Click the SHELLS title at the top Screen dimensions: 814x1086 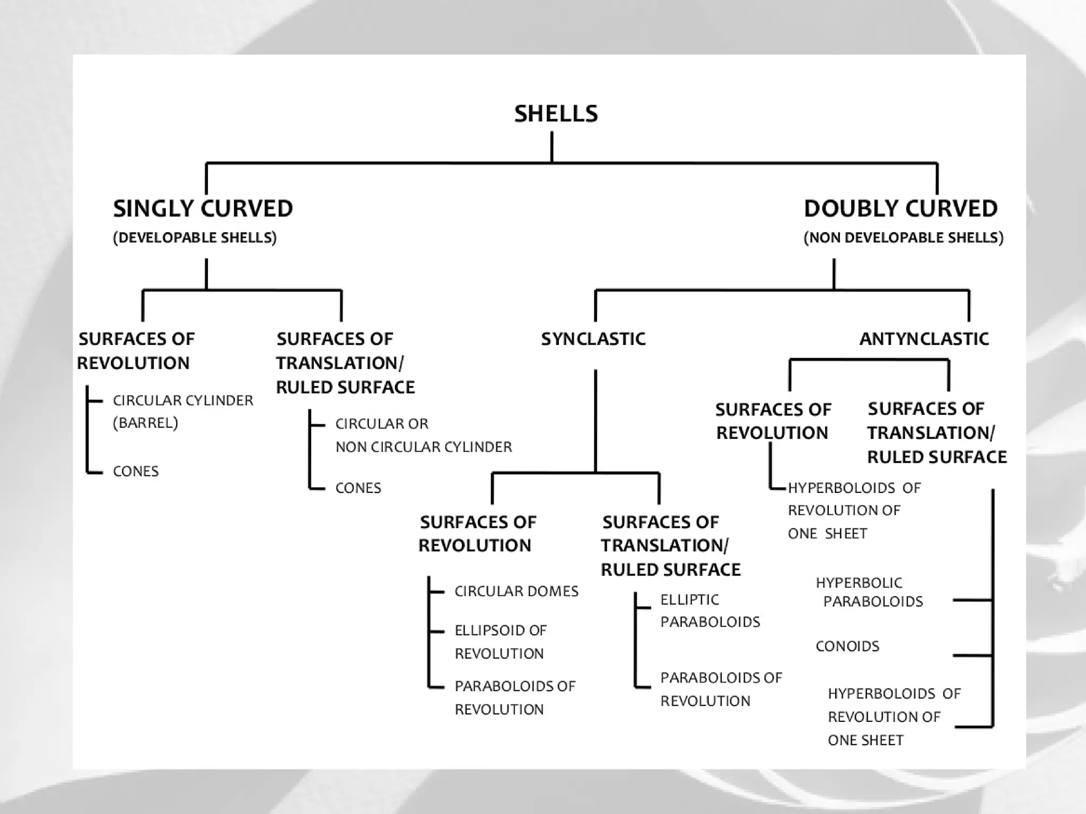pyautogui.click(x=556, y=114)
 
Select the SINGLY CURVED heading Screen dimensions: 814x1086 pyautogui.click(x=203, y=209)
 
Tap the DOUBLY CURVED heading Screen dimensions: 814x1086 pyautogui.click(x=900, y=209)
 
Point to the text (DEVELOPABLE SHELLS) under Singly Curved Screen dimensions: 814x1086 pyautogui.click(x=195, y=237)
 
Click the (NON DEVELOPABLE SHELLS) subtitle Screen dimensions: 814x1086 pyautogui.click(x=904, y=237)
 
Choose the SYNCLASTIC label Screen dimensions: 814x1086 pyautogui.click(x=593, y=339)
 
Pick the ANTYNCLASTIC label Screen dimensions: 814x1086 pyautogui.click(x=924, y=339)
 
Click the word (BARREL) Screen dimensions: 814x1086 pyautogui.click(x=145, y=423)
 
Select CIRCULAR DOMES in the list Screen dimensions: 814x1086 pyautogui.click(x=516, y=591)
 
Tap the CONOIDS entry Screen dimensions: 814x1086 pyautogui.click(x=847, y=647)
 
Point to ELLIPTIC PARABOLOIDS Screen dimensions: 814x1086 pyautogui.click(x=710, y=610)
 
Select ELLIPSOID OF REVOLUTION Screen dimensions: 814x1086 pyautogui.click(x=500, y=642)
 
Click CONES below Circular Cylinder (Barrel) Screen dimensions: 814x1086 pyautogui.click(x=136, y=472)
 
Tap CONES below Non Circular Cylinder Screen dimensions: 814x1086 pyautogui.click(x=358, y=488)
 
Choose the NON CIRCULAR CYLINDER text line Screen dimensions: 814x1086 pyautogui.click(x=424, y=447)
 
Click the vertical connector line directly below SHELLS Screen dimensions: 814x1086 pyautogui.click(x=552, y=147)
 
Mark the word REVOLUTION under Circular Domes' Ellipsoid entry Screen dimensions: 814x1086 pyautogui.click(x=499, y=654)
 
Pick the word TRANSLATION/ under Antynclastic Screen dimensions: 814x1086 pyautogui.click(x=931, y=433)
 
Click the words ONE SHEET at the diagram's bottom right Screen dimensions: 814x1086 pyautogui.click(x=865, y=740)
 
